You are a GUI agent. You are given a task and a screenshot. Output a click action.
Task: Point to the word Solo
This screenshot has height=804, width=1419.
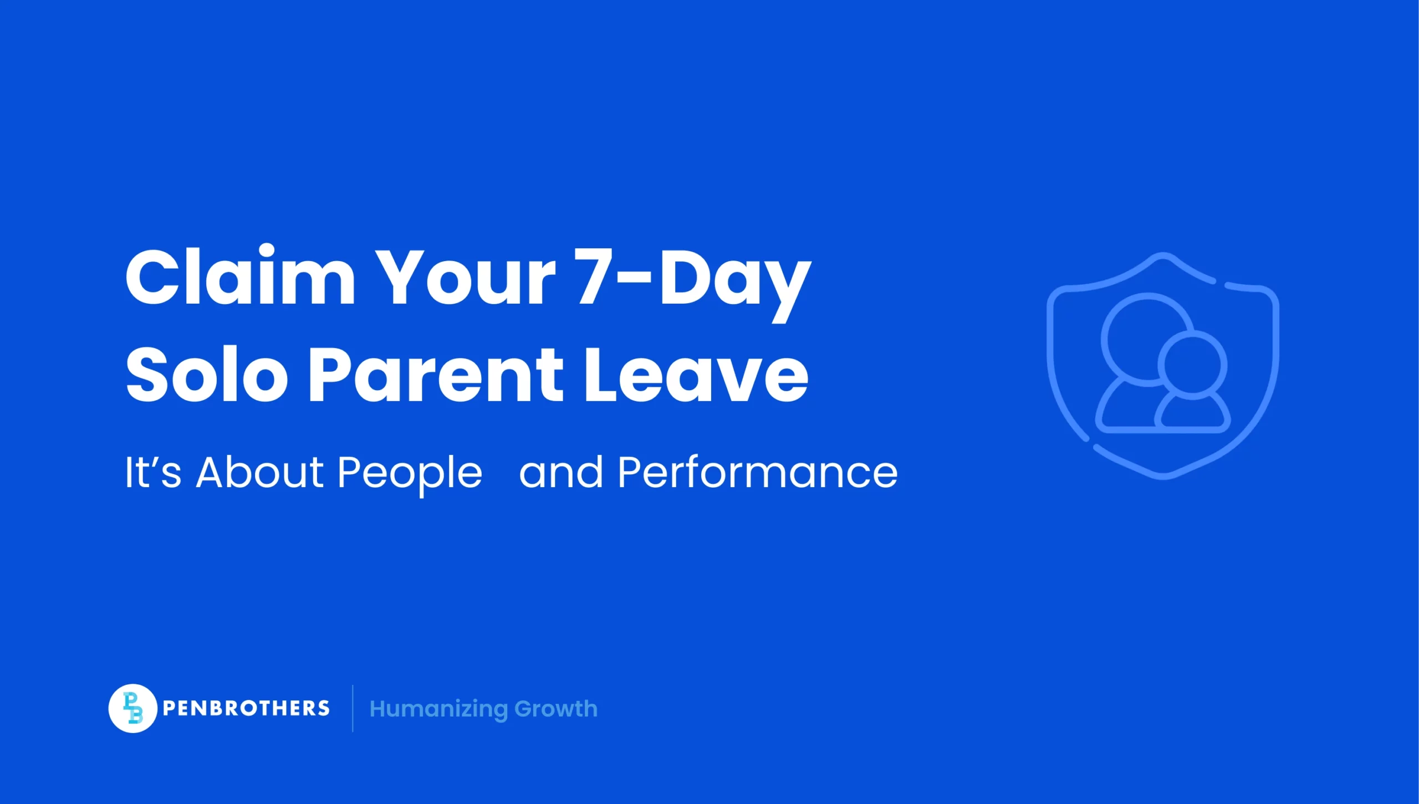pyautogui.click(x=206, y=374)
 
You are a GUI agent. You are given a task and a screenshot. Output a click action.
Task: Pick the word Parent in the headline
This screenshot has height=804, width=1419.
pyautogui.click(x=436, y=374)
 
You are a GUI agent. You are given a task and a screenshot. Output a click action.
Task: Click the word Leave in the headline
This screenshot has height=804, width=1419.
pyautogui.click(x=696, y=374)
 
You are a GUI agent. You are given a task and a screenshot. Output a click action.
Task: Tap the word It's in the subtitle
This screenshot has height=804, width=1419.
pyautogui.click(x=153, y=472)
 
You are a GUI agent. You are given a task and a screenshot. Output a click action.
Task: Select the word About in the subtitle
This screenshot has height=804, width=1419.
pyautogui.click(x=259, y=472)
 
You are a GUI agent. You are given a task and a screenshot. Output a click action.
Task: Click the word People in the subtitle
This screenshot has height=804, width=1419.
pyautogui.click(x=410, y=474)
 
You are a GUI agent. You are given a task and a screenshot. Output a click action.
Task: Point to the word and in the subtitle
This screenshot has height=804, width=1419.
pyautogui.click(x=560, y=472)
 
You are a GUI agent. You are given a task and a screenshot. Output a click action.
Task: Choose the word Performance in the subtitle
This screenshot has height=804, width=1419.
pyautogui.click(x=757, y=472)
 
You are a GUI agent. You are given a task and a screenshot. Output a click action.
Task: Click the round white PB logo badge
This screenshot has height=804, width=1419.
pyautogui.click(x=132, y=708)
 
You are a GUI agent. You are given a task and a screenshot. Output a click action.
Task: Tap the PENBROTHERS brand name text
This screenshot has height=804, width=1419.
pyautogui.click(x=246, y=708)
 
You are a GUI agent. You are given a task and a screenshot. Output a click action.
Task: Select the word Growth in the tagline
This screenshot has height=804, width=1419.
pyautogui.click(x=556, y=709)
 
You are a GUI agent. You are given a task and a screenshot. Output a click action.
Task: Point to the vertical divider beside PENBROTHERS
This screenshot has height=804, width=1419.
pyautogui.click(x=353, y=708)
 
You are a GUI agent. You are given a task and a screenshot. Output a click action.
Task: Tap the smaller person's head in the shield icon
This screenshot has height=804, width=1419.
pyautogui.click(x=1192, y=365)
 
